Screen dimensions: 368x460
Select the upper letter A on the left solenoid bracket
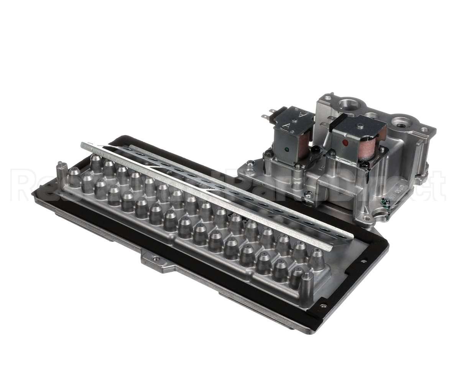(303, 114)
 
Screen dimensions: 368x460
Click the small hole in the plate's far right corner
(363, 261)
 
